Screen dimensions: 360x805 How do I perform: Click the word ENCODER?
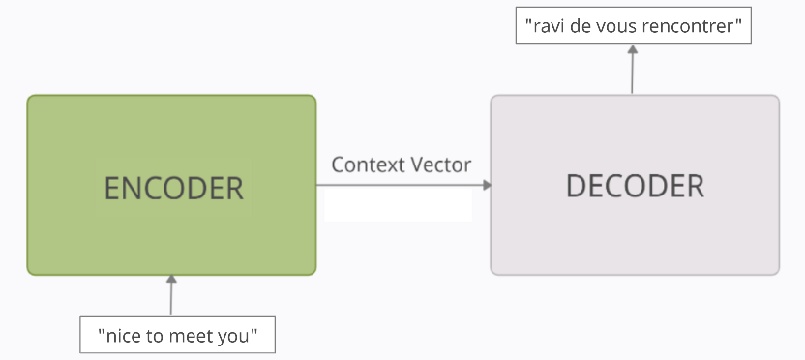pos(174,187)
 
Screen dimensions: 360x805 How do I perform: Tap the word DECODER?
pos(635,186)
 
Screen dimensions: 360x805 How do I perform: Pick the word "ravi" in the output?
pos(548,26)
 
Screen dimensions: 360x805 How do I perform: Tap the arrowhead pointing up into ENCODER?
pos(172,282)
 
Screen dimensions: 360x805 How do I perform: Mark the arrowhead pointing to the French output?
pos(632,51)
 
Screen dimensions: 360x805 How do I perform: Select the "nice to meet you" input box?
pos(177,336)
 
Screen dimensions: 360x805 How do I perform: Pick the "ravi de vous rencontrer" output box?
pos(632,26)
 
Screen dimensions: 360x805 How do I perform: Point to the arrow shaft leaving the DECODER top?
pos(632,75)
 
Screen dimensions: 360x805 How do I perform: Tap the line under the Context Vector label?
pos(402,184)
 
